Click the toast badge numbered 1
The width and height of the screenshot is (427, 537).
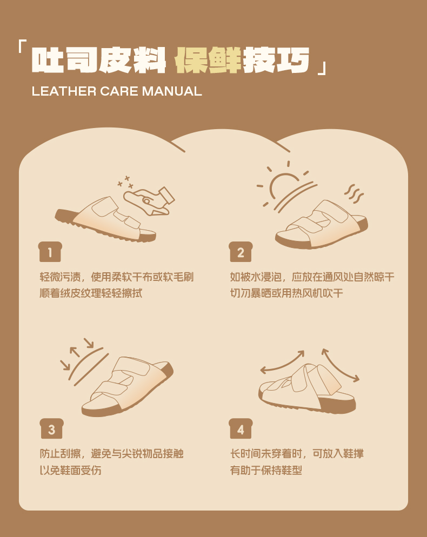pyautogui.click(x=50, y=252)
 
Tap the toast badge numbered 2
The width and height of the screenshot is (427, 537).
pyautogui.click(x=241, y=252)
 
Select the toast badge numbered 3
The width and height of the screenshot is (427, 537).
pyautogui.click(x=52, y=428)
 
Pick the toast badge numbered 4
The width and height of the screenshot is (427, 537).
pyautogui.click(x=241, y=428)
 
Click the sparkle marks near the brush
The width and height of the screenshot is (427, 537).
pyautogui.click(x=125, y=182)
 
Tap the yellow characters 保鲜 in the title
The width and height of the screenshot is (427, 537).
pyautogui.click(x=208, y=61)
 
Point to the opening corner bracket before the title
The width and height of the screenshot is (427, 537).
pyautogui.click(x=22, y=46)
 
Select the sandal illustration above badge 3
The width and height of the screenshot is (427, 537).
pyautogui.click(x=127, y=387)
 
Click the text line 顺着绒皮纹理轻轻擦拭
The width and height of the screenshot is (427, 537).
pyautogui.click(x=91, y=293)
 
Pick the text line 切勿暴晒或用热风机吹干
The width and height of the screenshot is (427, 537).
pyautogui.click(x=286, y=293)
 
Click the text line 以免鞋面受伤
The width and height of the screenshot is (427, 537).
pyautogui.click(x=71, y=470)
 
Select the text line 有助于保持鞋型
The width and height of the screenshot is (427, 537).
pyautogui.click(x=266, y=470)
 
